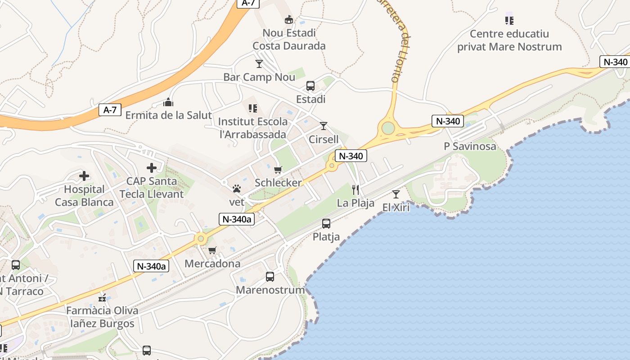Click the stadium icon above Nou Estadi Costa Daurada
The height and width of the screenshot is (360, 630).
pos(288,19)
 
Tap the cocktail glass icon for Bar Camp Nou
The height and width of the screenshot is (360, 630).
pos(259,64)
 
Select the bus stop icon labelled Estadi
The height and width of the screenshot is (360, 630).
pos(310,86)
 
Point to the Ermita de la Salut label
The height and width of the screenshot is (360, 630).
pos(168,115)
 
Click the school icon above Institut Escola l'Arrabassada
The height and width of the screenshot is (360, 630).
pos(253,108)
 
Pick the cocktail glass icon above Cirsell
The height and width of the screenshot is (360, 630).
pos(324,126)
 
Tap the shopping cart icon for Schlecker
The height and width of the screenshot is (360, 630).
pos(278,170)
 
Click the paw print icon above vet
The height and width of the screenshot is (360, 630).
pos(237,189)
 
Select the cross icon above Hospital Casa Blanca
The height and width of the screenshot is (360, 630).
pos(84,176)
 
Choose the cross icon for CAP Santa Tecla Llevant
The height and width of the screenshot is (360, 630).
pos(152,168)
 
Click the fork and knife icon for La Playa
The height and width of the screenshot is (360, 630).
pos(355,190)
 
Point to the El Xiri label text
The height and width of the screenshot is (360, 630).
pos(396,207)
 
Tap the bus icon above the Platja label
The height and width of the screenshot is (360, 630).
pos(326,224)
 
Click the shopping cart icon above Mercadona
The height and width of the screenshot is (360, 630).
pos(212,250)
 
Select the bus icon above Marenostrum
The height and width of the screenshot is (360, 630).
pos(270,277)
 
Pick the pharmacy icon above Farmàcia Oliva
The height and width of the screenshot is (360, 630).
pos(103,297)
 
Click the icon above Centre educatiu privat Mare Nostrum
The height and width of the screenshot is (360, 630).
pos(509,20)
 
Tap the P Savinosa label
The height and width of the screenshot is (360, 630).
pos(470,146)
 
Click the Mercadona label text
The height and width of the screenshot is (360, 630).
pos(212,263)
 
